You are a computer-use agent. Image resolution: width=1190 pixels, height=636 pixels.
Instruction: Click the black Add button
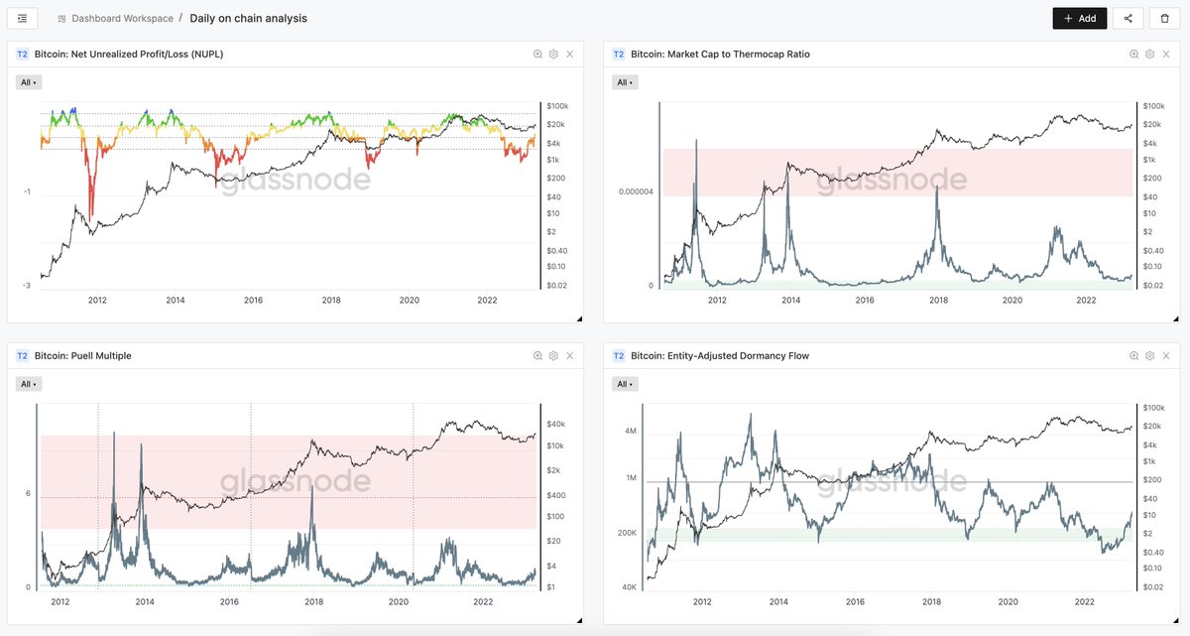(1079, 18)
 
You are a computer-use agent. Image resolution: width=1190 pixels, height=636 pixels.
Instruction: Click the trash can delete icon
(1165, 18)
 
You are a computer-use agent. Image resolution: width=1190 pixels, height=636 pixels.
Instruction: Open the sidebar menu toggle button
(22, 18)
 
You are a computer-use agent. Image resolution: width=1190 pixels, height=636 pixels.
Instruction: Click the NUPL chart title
(128, 55)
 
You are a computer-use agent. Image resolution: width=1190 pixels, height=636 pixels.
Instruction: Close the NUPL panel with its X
(570, 55)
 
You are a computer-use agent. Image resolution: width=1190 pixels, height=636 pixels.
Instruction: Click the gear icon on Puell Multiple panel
(553, 356)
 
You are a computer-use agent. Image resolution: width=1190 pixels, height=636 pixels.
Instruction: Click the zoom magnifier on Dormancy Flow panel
(1133, 356)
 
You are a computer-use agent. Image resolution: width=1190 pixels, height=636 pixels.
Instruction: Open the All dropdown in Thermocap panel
(622, 82)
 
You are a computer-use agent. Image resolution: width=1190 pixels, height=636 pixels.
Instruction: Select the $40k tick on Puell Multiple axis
(555, 425)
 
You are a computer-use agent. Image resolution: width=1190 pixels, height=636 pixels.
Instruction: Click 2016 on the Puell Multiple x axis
(229, 601)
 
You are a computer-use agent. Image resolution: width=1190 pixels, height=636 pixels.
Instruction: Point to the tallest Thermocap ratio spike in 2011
(696, 142)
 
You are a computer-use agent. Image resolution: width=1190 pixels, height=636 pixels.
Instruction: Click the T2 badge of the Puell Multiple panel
(23, 356)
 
